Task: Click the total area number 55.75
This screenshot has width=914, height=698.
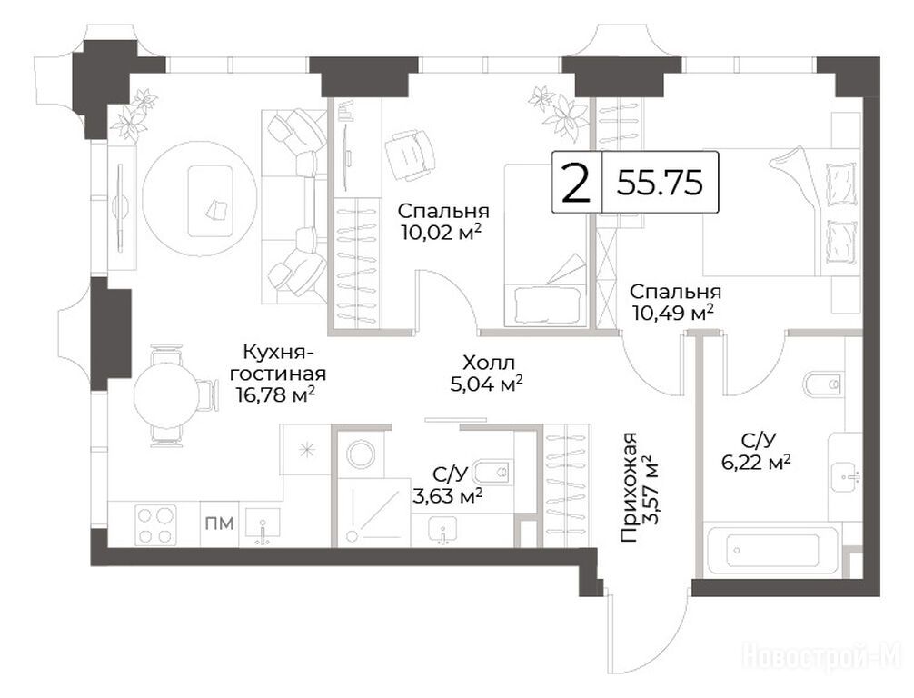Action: pos(660,183)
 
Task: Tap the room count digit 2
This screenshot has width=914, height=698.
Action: pos(576,183)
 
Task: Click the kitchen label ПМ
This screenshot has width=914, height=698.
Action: pos(219,523)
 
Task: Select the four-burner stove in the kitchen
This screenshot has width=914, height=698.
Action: pos(155,524)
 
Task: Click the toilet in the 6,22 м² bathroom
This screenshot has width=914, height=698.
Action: pos(822,384)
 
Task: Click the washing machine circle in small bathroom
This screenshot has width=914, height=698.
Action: pos(362,454)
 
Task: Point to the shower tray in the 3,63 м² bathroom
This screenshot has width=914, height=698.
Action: pos(374,512)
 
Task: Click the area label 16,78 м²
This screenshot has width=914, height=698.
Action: pos(275,394)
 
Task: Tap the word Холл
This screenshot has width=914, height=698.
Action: pos(489,364)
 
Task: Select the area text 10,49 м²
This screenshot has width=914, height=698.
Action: pos(673,314)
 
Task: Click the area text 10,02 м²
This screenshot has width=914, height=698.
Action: pos(442,232)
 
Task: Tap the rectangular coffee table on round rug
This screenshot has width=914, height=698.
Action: pos(211,200)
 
